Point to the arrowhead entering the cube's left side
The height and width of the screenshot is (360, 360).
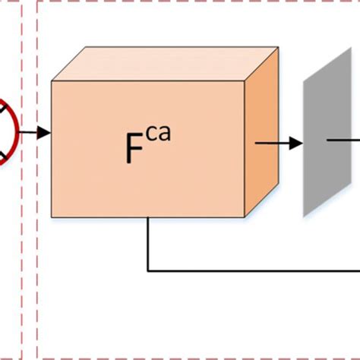click(45, 134)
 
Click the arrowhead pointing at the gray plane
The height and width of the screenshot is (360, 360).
click(295, 142)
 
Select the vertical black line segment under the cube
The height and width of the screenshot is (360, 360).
click(148, 243)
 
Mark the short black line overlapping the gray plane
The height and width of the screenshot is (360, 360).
click(339, 140)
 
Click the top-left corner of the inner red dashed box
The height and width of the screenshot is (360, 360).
click(38, 3)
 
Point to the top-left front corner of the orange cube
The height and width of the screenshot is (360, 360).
click(52, 81)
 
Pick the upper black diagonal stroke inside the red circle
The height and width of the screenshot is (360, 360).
click(5, 111)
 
